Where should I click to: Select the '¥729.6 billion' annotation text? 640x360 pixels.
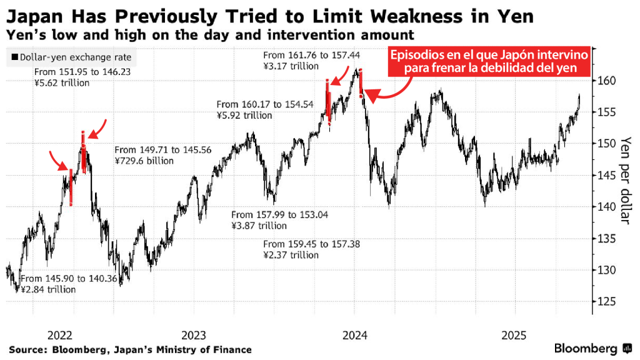pyautogui.click(x=144, y=161)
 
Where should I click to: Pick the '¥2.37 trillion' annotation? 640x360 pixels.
pyautogui.click(x=291, y=255)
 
